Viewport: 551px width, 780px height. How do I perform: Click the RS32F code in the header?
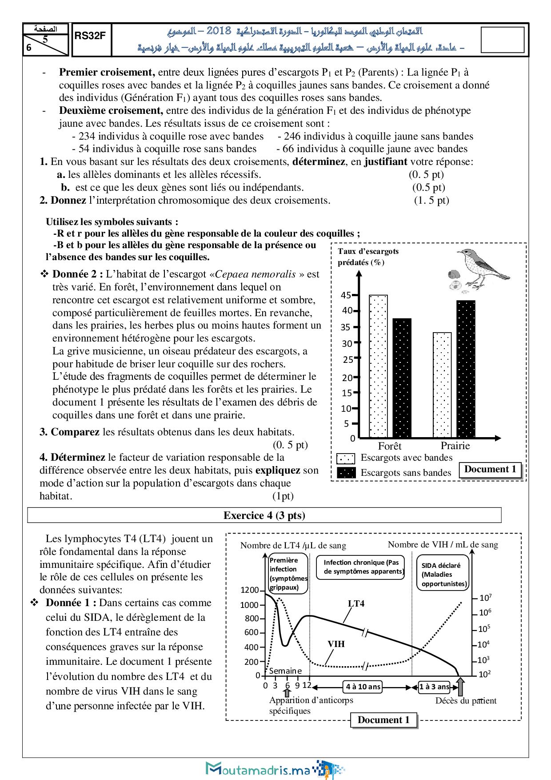point(90,36)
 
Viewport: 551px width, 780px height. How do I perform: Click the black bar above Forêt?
point(402,378)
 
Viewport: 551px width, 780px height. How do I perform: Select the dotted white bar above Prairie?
point(442,385)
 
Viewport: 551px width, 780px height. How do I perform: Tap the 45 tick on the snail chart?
point(346,295)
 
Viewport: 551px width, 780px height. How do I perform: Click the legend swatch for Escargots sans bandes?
point(347,473)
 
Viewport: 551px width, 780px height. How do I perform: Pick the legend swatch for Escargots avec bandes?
point(347,458)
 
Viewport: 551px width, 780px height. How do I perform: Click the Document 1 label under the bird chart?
point(490,470)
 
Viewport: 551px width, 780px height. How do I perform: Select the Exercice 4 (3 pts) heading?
point(264,515)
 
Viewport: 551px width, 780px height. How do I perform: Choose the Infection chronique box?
point(363,567)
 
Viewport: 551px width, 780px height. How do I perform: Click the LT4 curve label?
point(356,603)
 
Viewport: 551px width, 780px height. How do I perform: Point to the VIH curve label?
point(336,644)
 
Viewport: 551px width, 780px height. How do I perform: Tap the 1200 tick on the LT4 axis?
point(249,590)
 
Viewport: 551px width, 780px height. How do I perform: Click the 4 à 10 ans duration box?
point(363,687)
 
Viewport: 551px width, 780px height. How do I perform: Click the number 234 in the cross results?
point(88,136)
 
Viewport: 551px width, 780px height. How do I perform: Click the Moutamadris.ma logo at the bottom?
point(275,768)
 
